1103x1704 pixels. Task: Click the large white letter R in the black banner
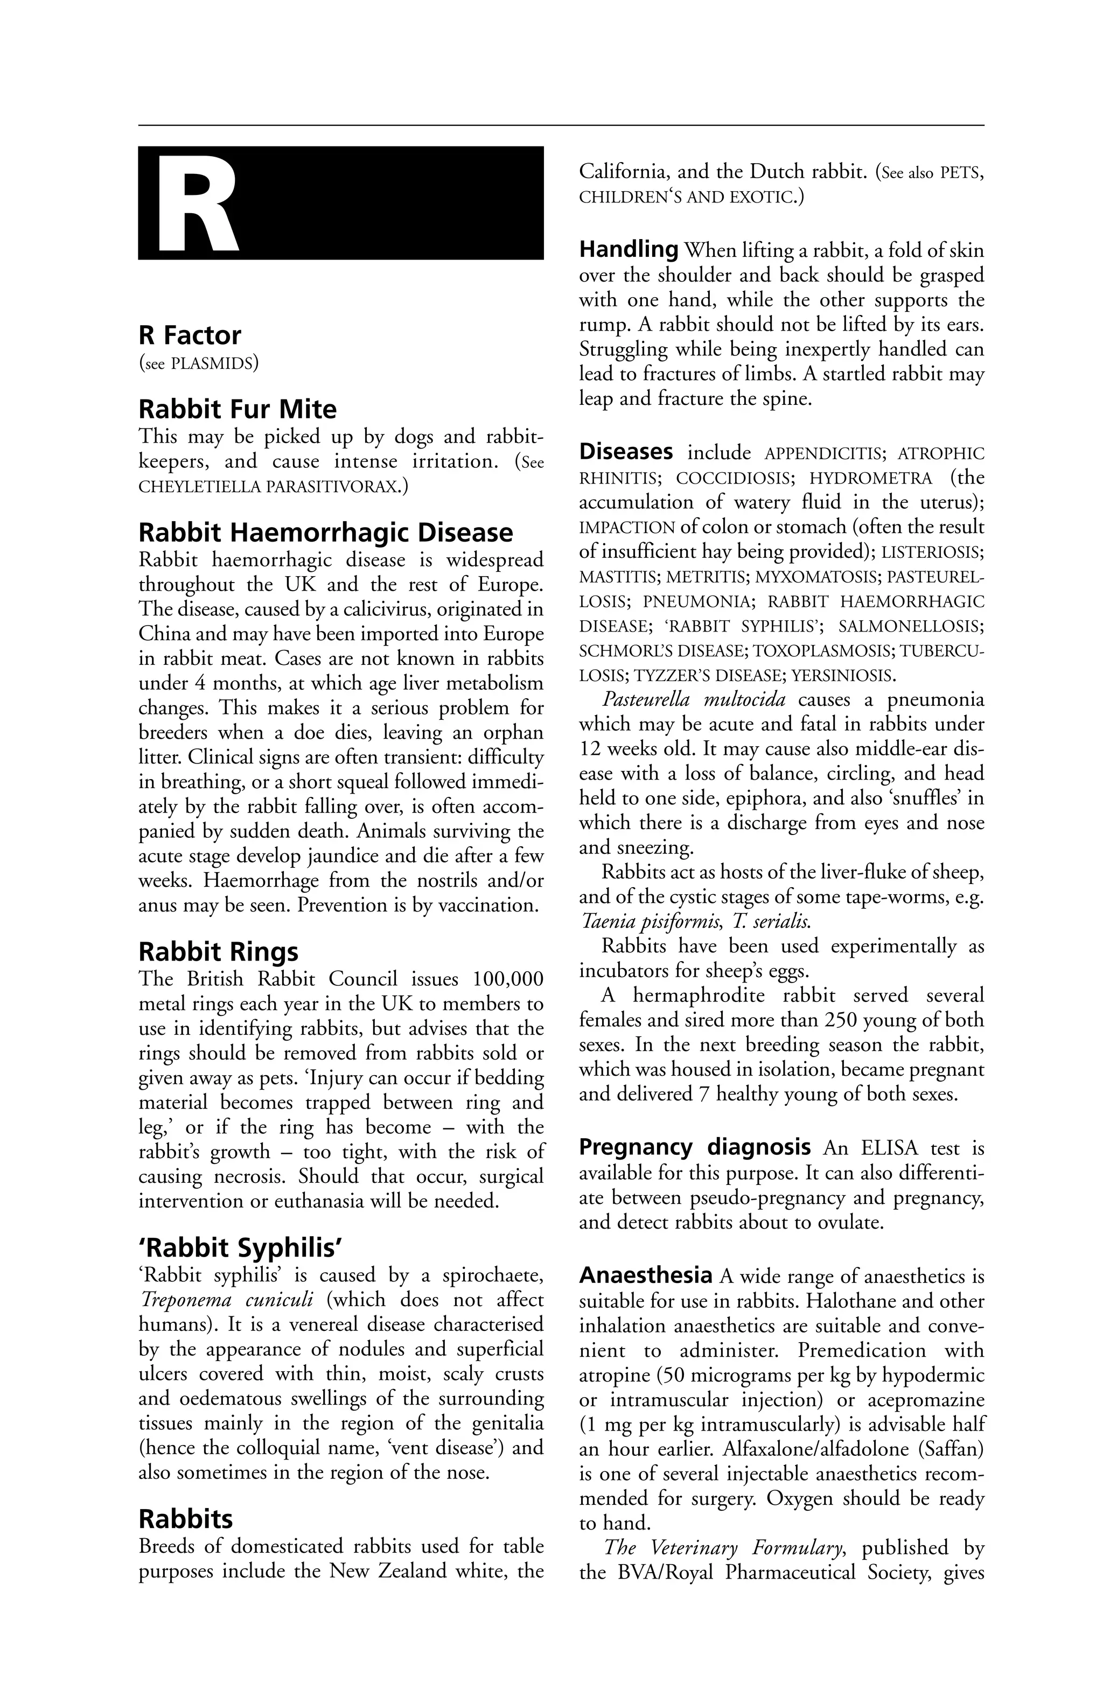(197, 204)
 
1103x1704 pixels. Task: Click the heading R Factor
(189, 335)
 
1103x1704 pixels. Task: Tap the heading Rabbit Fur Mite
(237, 410)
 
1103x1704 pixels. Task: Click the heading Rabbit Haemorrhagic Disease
(325, 532)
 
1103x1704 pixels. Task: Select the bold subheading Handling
(628, 249)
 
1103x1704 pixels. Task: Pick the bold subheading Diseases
(625, 452)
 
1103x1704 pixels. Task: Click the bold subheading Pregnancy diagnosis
(694, 1147)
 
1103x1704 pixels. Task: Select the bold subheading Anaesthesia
(645, 1275)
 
